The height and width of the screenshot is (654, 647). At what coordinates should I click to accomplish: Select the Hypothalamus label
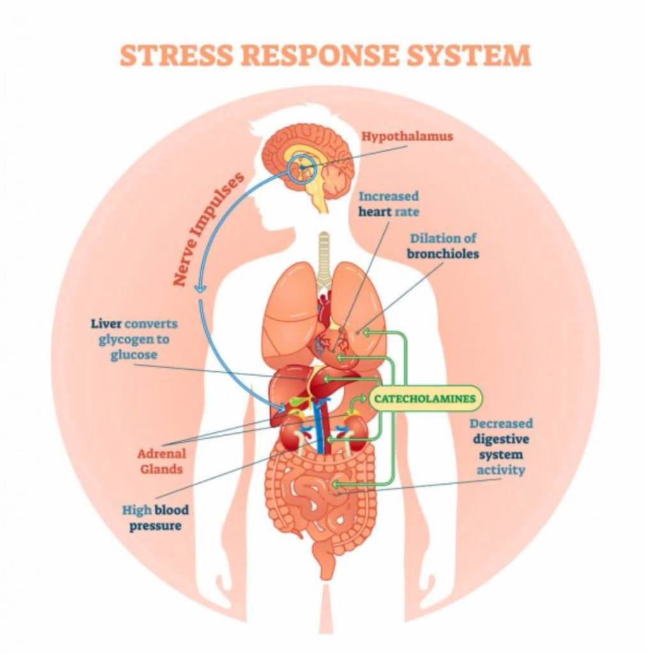[x=407, y=137]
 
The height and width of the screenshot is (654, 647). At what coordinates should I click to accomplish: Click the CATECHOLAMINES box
[x=425, y=399]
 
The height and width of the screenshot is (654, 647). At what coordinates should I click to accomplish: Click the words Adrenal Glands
[x=162, y=461]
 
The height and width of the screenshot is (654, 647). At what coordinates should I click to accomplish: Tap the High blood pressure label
[x=156, y=518]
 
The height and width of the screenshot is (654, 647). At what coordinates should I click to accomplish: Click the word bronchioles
[x=443, y=254]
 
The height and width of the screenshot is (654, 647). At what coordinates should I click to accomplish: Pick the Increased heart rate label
[x=388, y=203]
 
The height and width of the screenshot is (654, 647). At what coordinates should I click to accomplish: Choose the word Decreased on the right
[x=501, y=423]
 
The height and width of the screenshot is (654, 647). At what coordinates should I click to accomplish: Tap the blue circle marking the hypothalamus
[x=301, y=167]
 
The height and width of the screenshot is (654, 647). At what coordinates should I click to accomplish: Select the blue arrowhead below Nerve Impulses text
[x=201, y=288]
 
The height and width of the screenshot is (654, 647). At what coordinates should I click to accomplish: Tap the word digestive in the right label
[x=501, y=439]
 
